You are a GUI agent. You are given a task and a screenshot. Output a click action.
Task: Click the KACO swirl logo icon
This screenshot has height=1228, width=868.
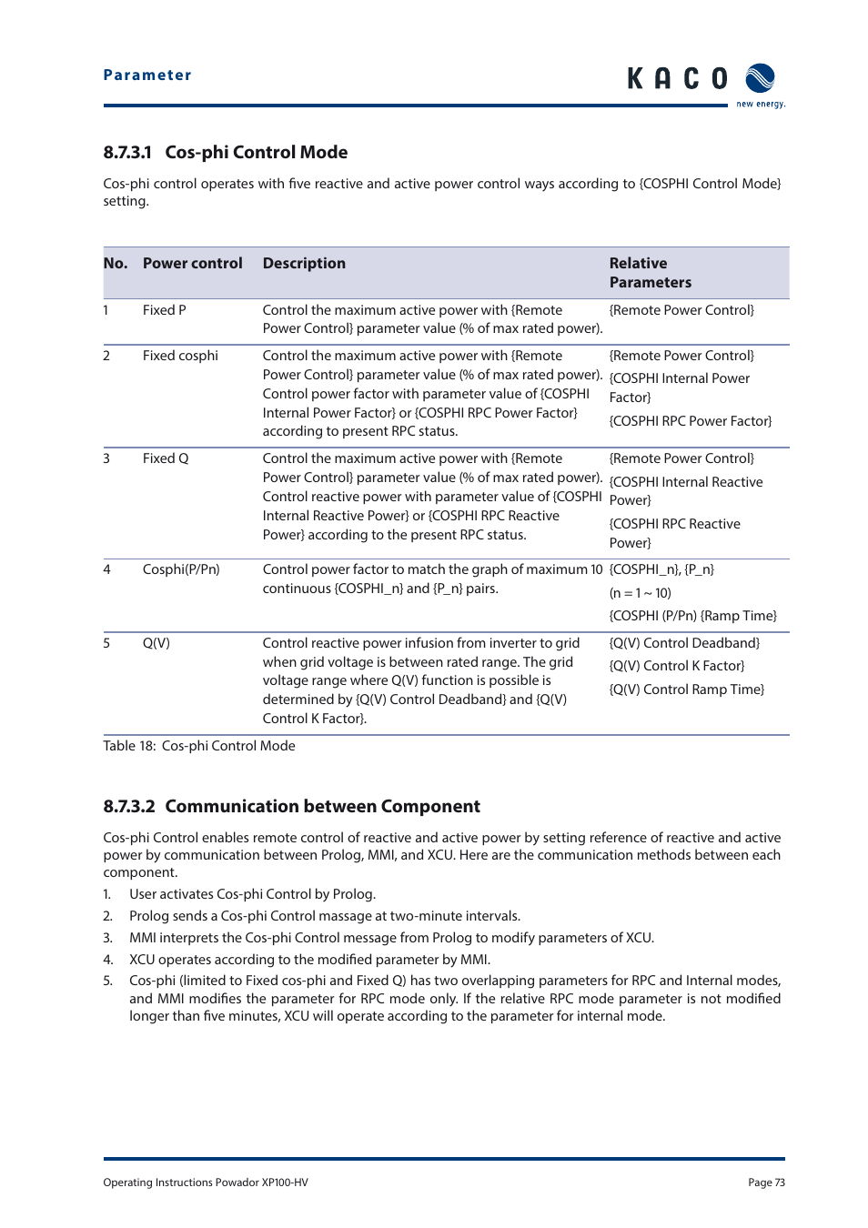click(760, 79)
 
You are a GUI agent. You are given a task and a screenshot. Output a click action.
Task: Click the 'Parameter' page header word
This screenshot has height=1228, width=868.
click(147, 75)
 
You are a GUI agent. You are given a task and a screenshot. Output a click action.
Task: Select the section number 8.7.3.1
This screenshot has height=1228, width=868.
click(127, 153)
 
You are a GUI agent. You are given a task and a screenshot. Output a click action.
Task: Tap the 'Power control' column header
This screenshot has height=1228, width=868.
click(192, 264)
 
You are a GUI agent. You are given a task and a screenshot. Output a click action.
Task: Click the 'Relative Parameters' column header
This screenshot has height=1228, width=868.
click(650, 273)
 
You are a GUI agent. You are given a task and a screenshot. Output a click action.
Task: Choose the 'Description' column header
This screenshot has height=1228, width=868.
click(304, 264)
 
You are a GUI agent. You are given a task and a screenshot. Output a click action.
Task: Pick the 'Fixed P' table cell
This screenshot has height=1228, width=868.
click(164, 310)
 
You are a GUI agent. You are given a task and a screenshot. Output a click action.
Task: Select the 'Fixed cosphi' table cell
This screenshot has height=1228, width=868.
click(180, 356)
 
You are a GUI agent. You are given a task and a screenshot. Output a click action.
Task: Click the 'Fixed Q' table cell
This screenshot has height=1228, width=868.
click(166, 458)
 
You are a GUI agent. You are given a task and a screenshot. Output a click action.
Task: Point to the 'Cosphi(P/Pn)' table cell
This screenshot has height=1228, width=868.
click(181, 569)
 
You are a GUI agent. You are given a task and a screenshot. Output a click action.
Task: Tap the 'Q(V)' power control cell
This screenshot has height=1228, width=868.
click(156, 643)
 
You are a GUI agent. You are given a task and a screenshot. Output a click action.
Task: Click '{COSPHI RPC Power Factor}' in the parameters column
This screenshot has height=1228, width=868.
click(690, 421)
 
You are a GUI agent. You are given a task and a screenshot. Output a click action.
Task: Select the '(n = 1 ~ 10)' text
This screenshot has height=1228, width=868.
click(641, 593)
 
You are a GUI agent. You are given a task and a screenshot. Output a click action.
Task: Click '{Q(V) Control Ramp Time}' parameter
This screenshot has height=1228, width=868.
click(686, 689)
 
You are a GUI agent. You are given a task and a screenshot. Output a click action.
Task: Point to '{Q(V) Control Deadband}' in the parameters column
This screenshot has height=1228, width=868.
click(684, 643)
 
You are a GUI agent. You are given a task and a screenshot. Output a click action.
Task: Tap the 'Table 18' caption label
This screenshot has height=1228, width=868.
click(129, 746)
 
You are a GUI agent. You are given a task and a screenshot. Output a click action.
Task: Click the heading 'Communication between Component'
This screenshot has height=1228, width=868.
click(322, 807)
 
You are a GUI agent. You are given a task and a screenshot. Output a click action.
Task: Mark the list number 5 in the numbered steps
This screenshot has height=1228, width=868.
click(107, 981)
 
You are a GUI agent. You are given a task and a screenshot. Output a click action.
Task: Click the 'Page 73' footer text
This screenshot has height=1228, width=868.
click(766, 1183)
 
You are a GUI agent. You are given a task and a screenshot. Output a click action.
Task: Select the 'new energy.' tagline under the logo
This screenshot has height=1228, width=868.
click(761, 105)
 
